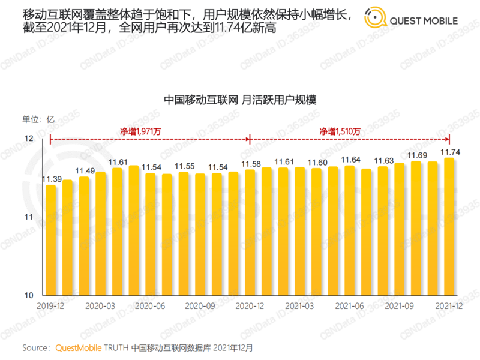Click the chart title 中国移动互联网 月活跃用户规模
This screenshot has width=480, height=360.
pos(239,100)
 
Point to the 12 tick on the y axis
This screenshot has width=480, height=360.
pos(28,139)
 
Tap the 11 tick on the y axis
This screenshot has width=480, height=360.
pos(28,217)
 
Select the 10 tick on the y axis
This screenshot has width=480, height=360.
pos(28,296)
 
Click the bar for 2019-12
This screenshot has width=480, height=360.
pos(51,240)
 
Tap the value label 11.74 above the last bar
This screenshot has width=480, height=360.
pos(450,152)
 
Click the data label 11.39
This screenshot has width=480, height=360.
pos(51,179)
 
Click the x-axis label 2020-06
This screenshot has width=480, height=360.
pos(150,305)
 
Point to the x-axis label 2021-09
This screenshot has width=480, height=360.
pos(399,305)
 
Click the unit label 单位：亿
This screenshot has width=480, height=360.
pos(38,119)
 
